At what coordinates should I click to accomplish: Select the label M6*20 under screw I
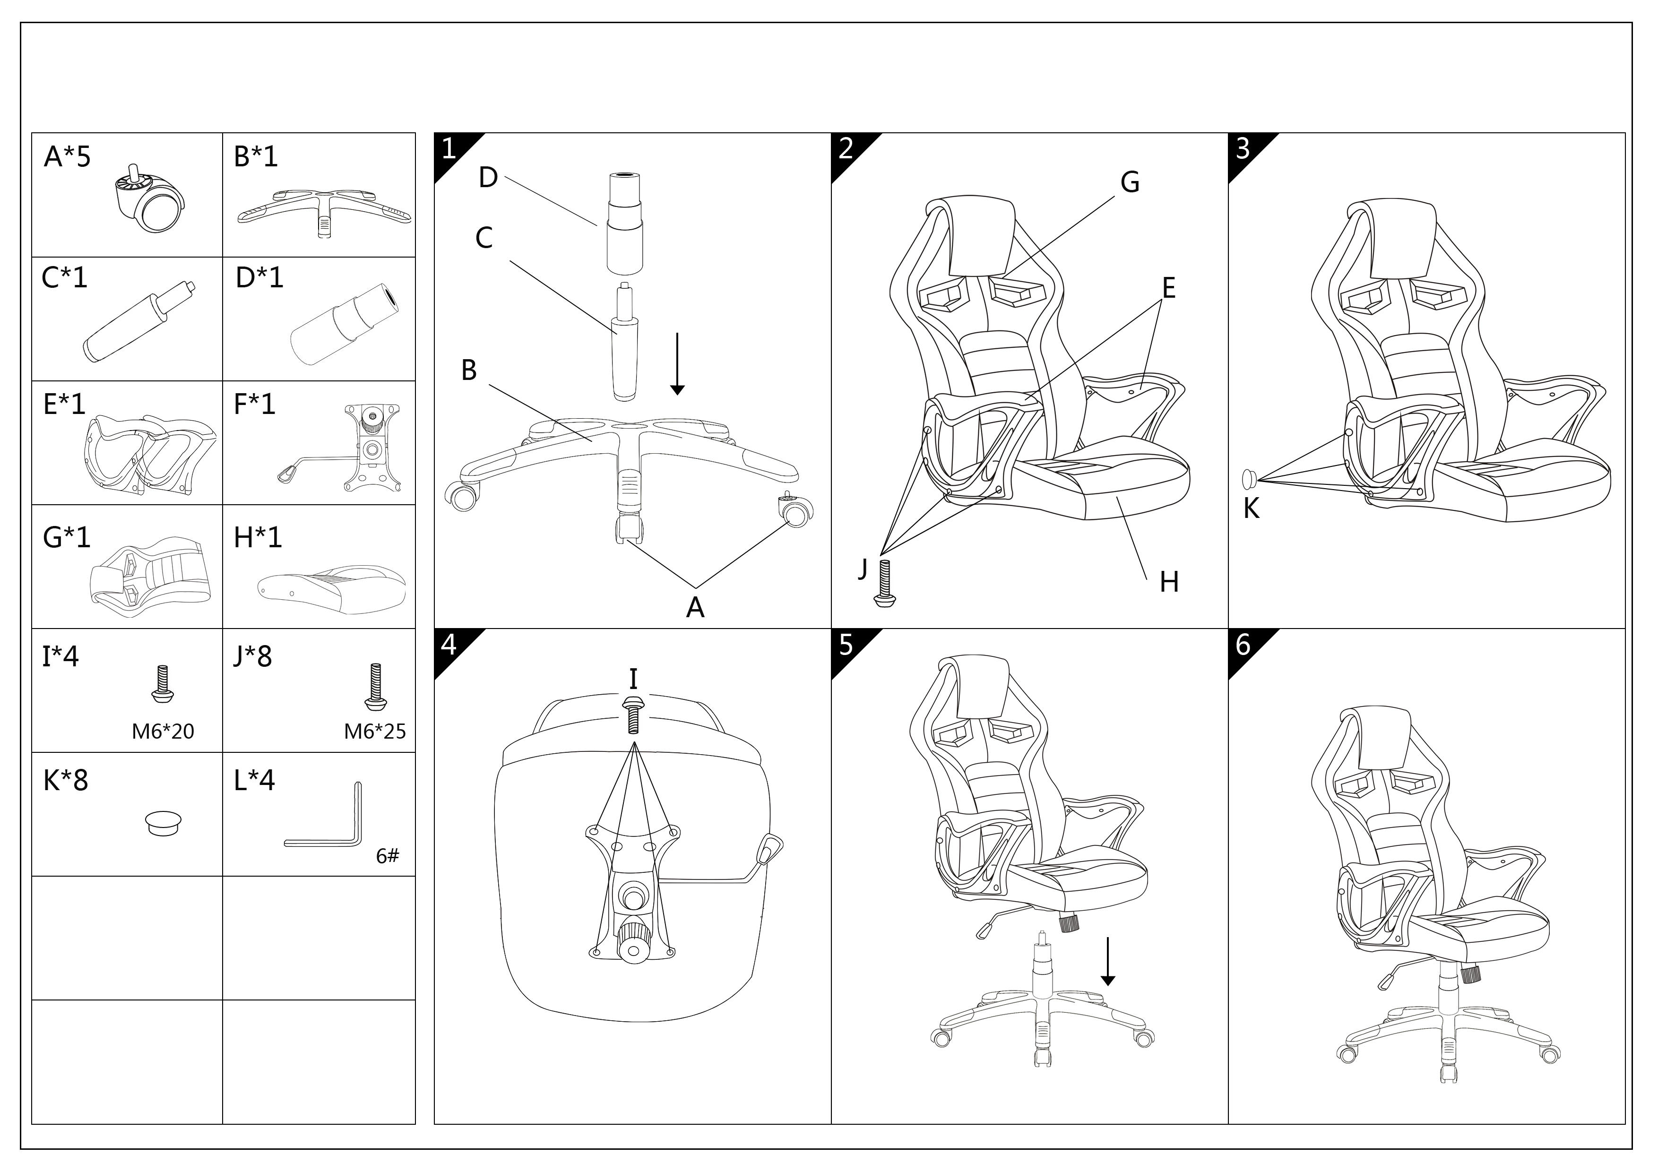[x=163, y=732]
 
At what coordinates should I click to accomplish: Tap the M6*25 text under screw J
[x=375, y=732]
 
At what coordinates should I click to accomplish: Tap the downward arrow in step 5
[x=1108, y=961]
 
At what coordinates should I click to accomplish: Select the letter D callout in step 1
[x=488, y=178]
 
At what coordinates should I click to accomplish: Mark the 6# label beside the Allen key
[x=387, y=856]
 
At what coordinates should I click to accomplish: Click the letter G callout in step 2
[x=1130, y=183]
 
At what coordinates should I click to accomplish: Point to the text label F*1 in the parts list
[x=255, y=404]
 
